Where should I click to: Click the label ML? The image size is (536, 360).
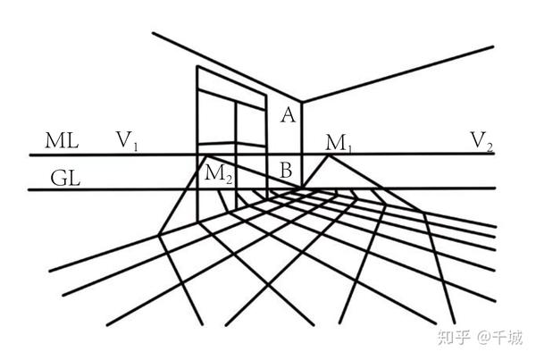click(x=62, y=140)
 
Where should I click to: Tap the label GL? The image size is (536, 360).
click(x=65, y=179)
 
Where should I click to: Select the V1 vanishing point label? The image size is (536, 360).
click(x=127, y=140)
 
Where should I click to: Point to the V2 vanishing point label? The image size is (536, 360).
click(x=482, y=141)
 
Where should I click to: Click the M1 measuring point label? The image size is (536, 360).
click(x=339, y=143)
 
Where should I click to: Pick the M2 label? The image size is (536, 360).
click(x=219, y=173)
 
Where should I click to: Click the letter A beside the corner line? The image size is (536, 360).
click(x=289, y=114)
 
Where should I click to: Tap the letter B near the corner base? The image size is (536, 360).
click(x=286, y=170)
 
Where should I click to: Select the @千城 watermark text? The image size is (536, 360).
click(x=499, y=338)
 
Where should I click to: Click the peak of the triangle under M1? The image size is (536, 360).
click(x=329, y=155)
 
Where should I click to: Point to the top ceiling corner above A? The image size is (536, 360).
click(x=302, y=102)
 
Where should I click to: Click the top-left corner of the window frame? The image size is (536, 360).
click(x=197, y=66)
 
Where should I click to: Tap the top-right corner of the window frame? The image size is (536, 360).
click(x=266, y=96)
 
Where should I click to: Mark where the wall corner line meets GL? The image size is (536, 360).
click(x=302, y=188)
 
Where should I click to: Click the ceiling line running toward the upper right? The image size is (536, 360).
click(x=398, y=74)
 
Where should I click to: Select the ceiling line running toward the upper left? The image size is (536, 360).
click(x=227, y=67)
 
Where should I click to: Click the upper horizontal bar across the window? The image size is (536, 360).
click(x=231, y=99)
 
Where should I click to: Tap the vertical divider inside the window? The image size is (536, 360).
click(x=236, y=155)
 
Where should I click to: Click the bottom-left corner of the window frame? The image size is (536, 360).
click(x=197, y=221)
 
